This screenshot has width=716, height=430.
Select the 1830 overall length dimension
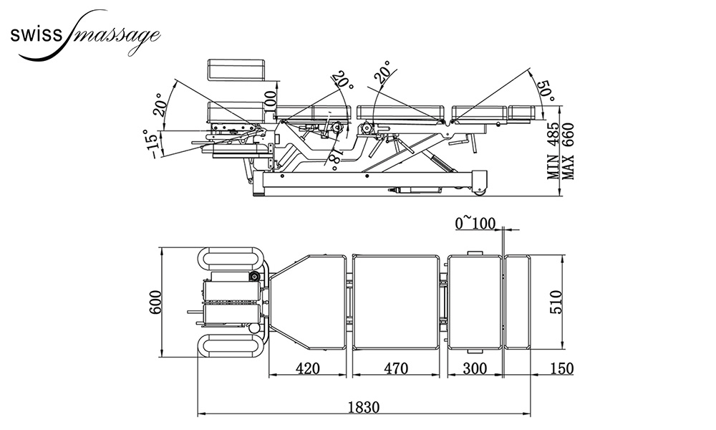pyautogui.click(x=364, y=406)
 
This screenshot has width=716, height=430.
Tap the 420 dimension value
pyautogui.click(x=307, y=368)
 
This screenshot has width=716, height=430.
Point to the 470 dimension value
pyautogui.click(x=395, y=368)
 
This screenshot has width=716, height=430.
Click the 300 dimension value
pyautogui.click(x=475, y=368)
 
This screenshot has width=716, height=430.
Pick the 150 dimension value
pyautogui.click(x=561, y=368)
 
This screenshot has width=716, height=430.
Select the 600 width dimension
pyautogui.click(x=155, y=302)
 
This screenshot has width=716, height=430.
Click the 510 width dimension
pyautogui.click(x=556, y=302)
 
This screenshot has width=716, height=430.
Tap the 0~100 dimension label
pyautogui.click(x=475, y=224)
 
